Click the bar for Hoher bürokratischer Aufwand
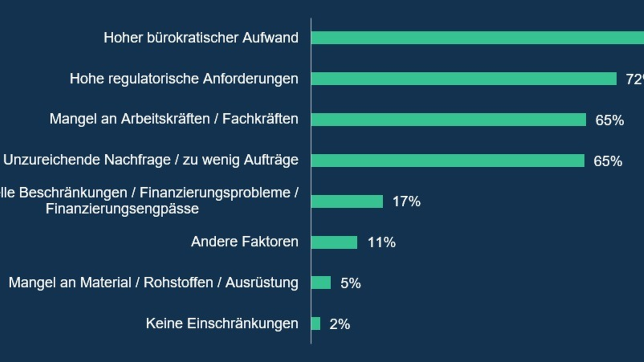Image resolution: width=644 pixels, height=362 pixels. pyautogui.click(x=478, y=38)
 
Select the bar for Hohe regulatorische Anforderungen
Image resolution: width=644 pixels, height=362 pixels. pyautogui.click(x=464, y=79)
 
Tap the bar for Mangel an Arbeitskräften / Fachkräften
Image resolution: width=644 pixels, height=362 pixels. pyautogui.click(x=448, y=120)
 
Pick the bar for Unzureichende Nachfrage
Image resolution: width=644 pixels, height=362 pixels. pyautogui.click(x=448, y=160)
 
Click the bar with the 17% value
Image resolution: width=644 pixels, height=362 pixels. pyautogui.click(x=347, y=202)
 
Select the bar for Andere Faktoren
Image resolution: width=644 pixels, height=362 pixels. pyautogui.click(x=334, y=242)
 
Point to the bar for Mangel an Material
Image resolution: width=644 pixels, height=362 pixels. pyautogui.click(x=321, y=283)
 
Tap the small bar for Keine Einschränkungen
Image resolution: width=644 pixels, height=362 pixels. pyautogui.click(x=316, y=323)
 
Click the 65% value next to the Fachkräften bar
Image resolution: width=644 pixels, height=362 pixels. pyautogui.click(x=609, y=121)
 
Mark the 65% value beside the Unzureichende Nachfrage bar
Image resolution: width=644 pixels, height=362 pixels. pyautogui.click(x=608, y=161)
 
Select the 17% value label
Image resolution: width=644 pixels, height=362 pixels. pyautogui.click(x=406, y=202)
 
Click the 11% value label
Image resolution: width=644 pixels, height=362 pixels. pyautogui.click(x=382, y=243)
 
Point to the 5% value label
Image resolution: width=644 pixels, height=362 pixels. pyautogui.click(x=350, y=284)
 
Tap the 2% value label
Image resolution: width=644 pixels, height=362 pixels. pyautogui.click(x=340, y=324)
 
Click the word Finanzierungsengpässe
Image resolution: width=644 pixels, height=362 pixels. pyautogui.click(x=122, y=209)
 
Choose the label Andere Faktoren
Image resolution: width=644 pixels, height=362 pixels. pyautogui.click(x=244, y=242)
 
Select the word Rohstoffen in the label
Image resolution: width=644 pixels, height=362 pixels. pyautogui.click(x=178, y=283)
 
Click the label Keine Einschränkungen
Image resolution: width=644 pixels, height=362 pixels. pyautogui.click(x=222, y=323)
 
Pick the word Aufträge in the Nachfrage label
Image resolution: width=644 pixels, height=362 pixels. pyautogui.click(x=273, y=160)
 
